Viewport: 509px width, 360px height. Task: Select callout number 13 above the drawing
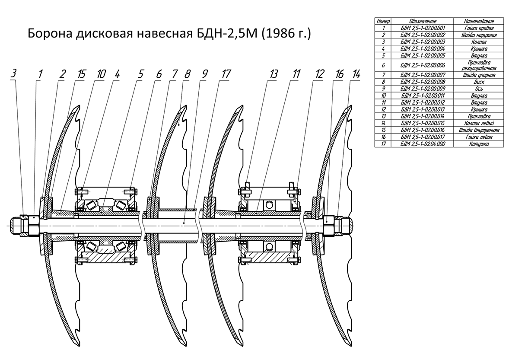click(273, 74)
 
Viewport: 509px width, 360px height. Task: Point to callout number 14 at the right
click(356, 74)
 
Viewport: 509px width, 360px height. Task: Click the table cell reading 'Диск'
click(479, 81)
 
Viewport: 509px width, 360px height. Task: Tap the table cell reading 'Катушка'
click(479, 143)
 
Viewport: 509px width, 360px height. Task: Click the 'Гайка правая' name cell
click(479, 28)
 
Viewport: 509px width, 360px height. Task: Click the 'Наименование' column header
click(479, 21)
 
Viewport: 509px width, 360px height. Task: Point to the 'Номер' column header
click(383, 21)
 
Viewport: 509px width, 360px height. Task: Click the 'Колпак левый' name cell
click(479, 122)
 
